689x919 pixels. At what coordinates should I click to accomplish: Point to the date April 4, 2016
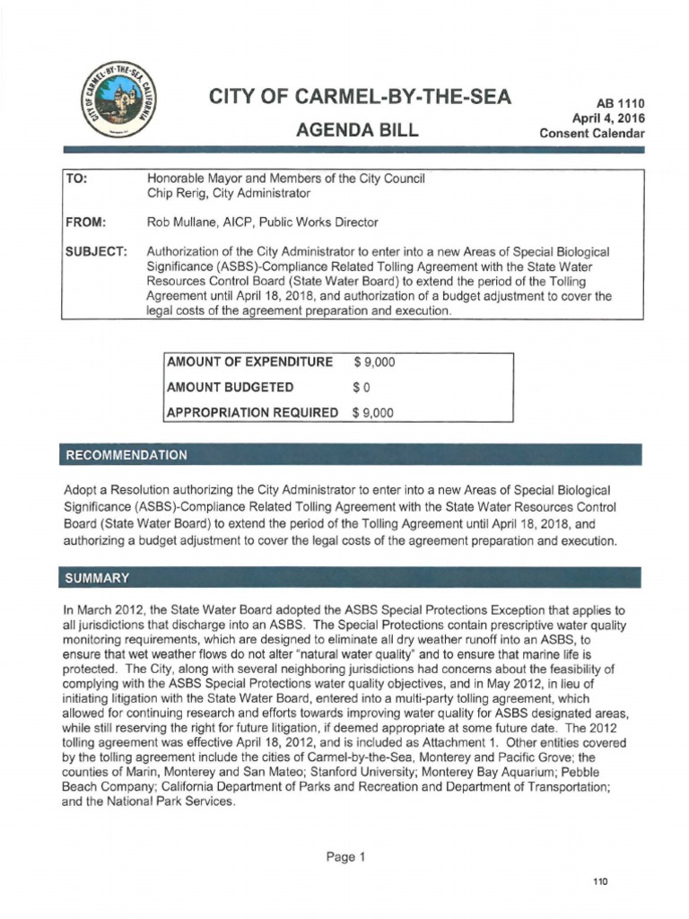click(x=608, y=118)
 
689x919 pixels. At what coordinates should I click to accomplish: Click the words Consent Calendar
click(x=592, y=133)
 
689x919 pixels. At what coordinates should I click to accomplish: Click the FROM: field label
click(x=85, y=222)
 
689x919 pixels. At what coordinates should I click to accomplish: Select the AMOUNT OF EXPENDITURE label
click(x=250, y=363)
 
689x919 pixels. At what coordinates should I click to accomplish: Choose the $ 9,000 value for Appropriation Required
click(x=374, y=413)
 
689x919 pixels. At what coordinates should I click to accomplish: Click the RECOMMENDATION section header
click(x=126, y=455)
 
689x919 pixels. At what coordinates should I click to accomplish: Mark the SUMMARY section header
click(x=97, y=576)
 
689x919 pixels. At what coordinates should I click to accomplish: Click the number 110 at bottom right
click(x=600, y=882)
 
